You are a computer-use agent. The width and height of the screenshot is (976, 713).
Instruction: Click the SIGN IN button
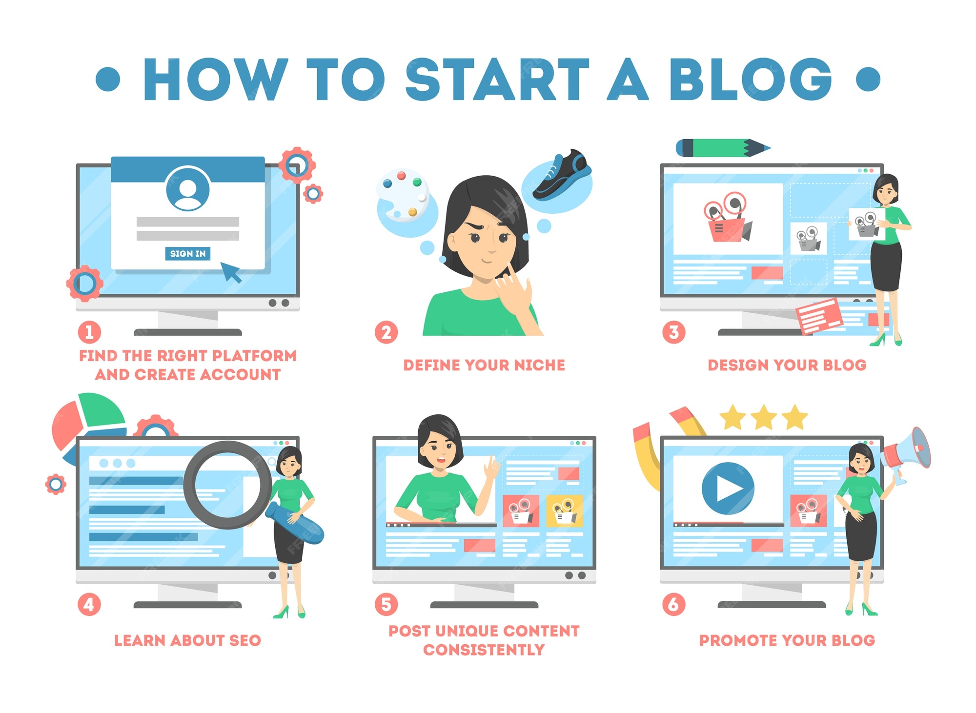click(188, 254)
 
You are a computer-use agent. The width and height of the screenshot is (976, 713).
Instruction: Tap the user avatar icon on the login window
click(188, 189)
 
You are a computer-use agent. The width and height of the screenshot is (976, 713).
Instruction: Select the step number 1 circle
click(89, 333)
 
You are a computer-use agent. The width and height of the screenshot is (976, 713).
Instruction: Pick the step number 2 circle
click(386, 333)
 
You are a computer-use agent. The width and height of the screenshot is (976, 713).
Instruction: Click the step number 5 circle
click(386, 604)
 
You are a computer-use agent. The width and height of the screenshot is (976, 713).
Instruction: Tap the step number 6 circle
click(673, 604)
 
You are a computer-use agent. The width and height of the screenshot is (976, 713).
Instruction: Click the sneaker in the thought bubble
click(561, 176)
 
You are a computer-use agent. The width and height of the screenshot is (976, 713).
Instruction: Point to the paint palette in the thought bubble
click(403, 195)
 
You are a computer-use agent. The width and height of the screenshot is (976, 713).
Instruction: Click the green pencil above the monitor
click(723, 148)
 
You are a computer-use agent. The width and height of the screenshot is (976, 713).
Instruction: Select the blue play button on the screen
click(728, 488)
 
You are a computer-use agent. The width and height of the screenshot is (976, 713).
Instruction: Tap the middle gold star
click(764, 418)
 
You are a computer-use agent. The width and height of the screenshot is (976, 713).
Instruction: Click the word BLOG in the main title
click(751, 79)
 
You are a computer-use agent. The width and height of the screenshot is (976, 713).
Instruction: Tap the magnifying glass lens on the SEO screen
click(227, 485)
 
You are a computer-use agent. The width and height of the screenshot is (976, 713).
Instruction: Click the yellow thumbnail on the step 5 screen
click(565, 511)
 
